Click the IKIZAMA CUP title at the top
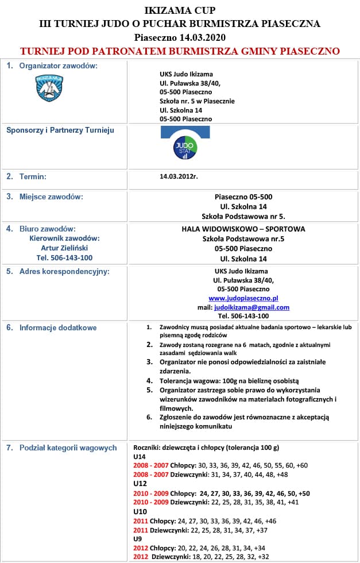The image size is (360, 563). (180, 10)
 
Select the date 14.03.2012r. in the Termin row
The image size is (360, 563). (179, 176)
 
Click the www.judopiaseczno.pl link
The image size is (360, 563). (243, 298)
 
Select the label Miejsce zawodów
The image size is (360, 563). (51, 197)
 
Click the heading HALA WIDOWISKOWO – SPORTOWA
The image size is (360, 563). (243, 229)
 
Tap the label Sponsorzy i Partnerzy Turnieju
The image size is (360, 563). (60, 130)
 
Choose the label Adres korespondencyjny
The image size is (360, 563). (64, 271)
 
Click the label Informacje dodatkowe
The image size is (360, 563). (57, 328)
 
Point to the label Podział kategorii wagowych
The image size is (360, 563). (68, 448)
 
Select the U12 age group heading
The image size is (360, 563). (140, 484)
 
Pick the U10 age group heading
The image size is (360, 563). (140, 511)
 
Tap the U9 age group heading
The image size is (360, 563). (138, 539)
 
